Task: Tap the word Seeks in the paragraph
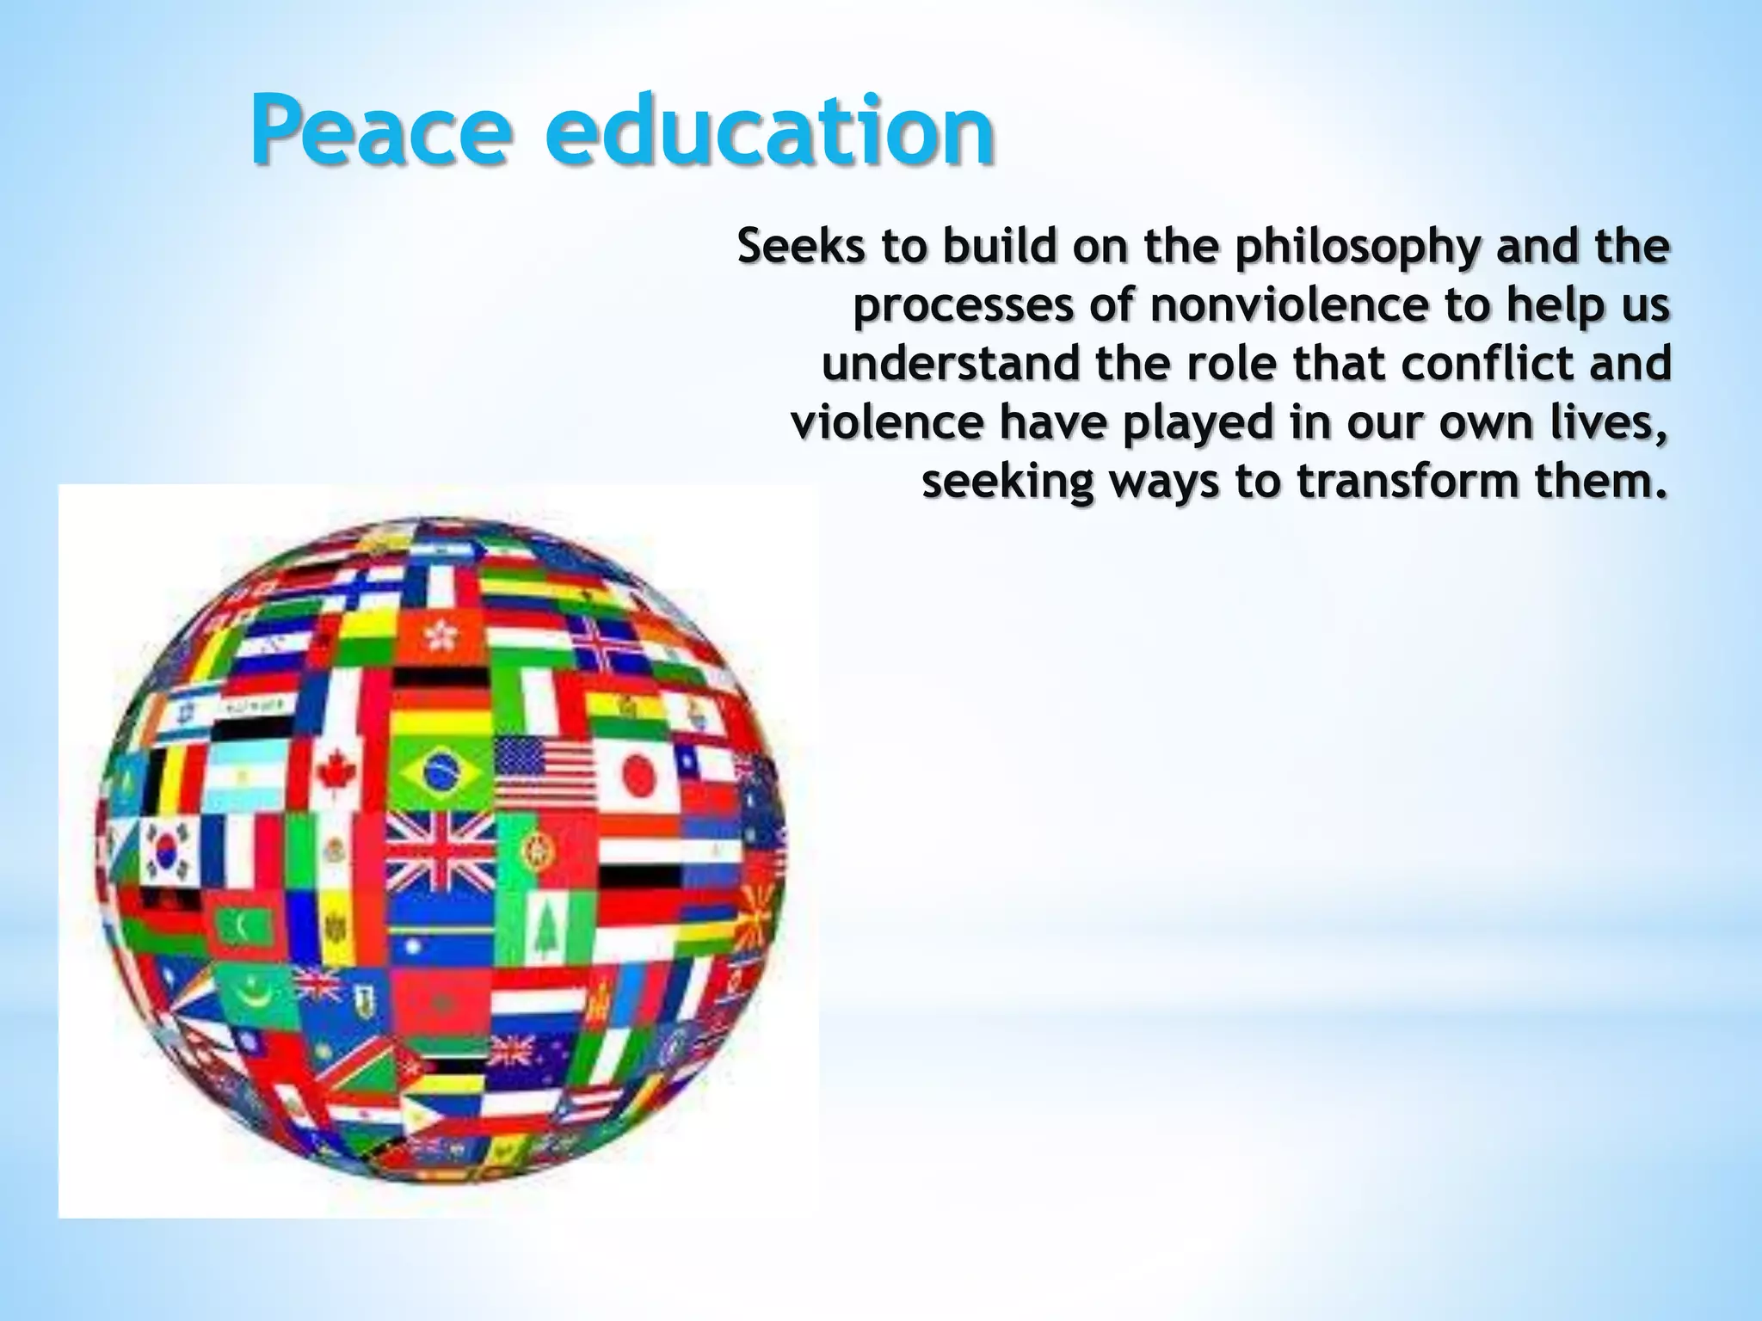coord(801,247)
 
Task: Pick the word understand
coord(950,364)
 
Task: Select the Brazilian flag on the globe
coord(441,768)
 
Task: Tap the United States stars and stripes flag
coord(545,768)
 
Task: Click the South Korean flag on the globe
coord(170,849)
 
